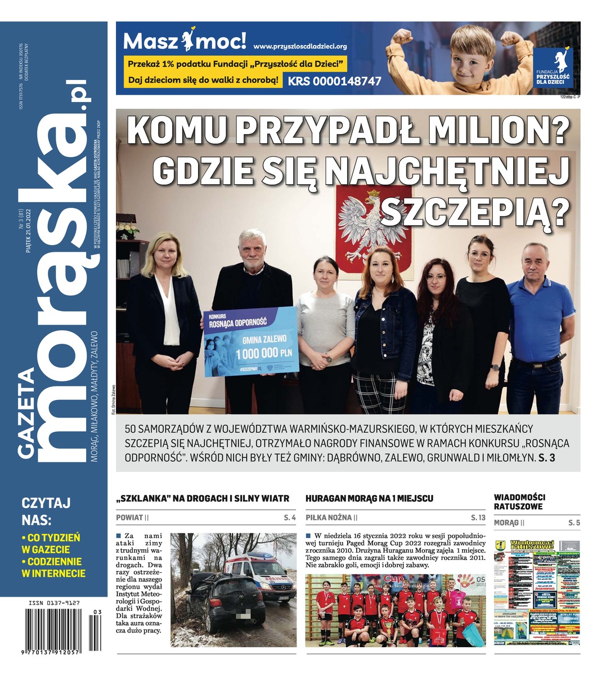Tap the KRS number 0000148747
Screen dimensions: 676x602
click(x=335, y=81)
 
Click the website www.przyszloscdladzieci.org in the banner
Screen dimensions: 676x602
click(x=300, y=46)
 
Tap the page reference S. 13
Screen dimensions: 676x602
click(x=478, y=517)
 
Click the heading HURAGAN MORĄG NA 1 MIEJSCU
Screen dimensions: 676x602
click(x=369, y=499)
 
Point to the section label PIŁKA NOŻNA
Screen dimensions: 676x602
click(x=329, y=517)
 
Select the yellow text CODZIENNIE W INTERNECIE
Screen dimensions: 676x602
click(x=53, y=567)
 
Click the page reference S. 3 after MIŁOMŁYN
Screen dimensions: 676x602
click(x=546, y=458)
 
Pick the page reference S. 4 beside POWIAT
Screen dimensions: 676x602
click(x=290, y=517)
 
